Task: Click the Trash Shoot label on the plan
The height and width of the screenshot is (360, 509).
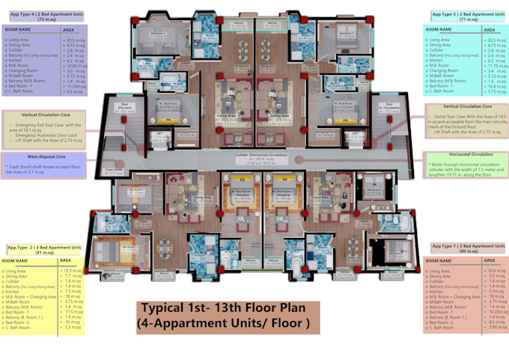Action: tap(115, 171)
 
